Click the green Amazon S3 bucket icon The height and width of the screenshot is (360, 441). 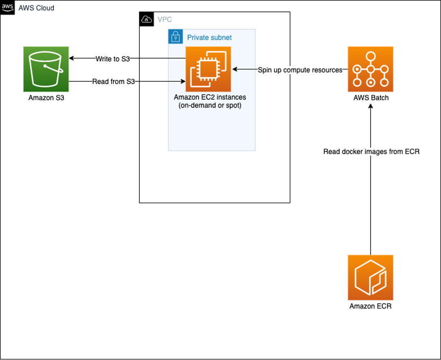[x=46, y=69]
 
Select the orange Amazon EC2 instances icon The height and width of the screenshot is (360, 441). [x=208, y=69]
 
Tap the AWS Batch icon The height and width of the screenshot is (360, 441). [x=371, y=69]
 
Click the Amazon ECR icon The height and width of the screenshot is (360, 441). [x=371, y=277]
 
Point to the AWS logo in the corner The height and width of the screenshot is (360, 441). [x=8, y=8]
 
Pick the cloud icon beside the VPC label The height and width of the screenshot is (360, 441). [x=147, y=19]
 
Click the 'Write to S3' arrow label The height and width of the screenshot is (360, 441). [x=112, y=59]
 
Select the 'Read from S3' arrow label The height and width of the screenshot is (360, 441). [x=113, y=81]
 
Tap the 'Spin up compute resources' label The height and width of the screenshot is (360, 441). [x=300, y=70]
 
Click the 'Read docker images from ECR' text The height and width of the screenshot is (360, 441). [x=372, y=152]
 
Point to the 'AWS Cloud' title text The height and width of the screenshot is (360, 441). [x=36, y=8]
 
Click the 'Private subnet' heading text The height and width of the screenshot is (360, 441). [x=209, y=37]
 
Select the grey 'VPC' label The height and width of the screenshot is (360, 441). [x=164, y=20]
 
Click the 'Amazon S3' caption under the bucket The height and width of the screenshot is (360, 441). [x=46, y=98]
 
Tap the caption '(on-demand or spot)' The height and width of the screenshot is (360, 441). [x=209, y=105]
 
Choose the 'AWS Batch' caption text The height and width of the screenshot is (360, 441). [x=371, y=98]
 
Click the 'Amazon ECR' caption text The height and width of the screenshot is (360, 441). [x=371, y=306]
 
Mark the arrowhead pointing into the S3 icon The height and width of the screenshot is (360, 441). [x=72, y=59]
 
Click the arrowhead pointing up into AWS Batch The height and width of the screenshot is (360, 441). [x=371, y=107]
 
